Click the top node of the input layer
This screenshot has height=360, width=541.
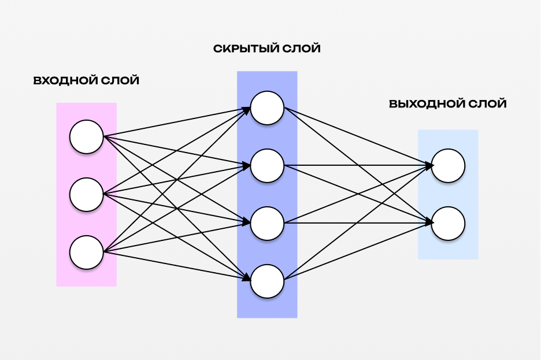click(x=86, y=137)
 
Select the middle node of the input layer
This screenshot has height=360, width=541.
click(x=86, y=195)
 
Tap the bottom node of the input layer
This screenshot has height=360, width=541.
click(x=86, y=253)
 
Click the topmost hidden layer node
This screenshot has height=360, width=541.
click(x=267, y=108)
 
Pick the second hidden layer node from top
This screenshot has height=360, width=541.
click(x=267, y=166)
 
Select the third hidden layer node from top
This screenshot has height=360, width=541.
click(x=267, y=224)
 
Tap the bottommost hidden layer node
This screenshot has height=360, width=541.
click(x=267, y=281)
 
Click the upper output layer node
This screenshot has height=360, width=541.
click(x=448, y=166)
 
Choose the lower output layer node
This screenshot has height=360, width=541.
click(x=448, y=224)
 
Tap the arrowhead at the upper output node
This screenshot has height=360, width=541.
click(x=429, y=166)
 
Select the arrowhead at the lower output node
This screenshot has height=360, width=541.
click(x=429, y=222)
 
